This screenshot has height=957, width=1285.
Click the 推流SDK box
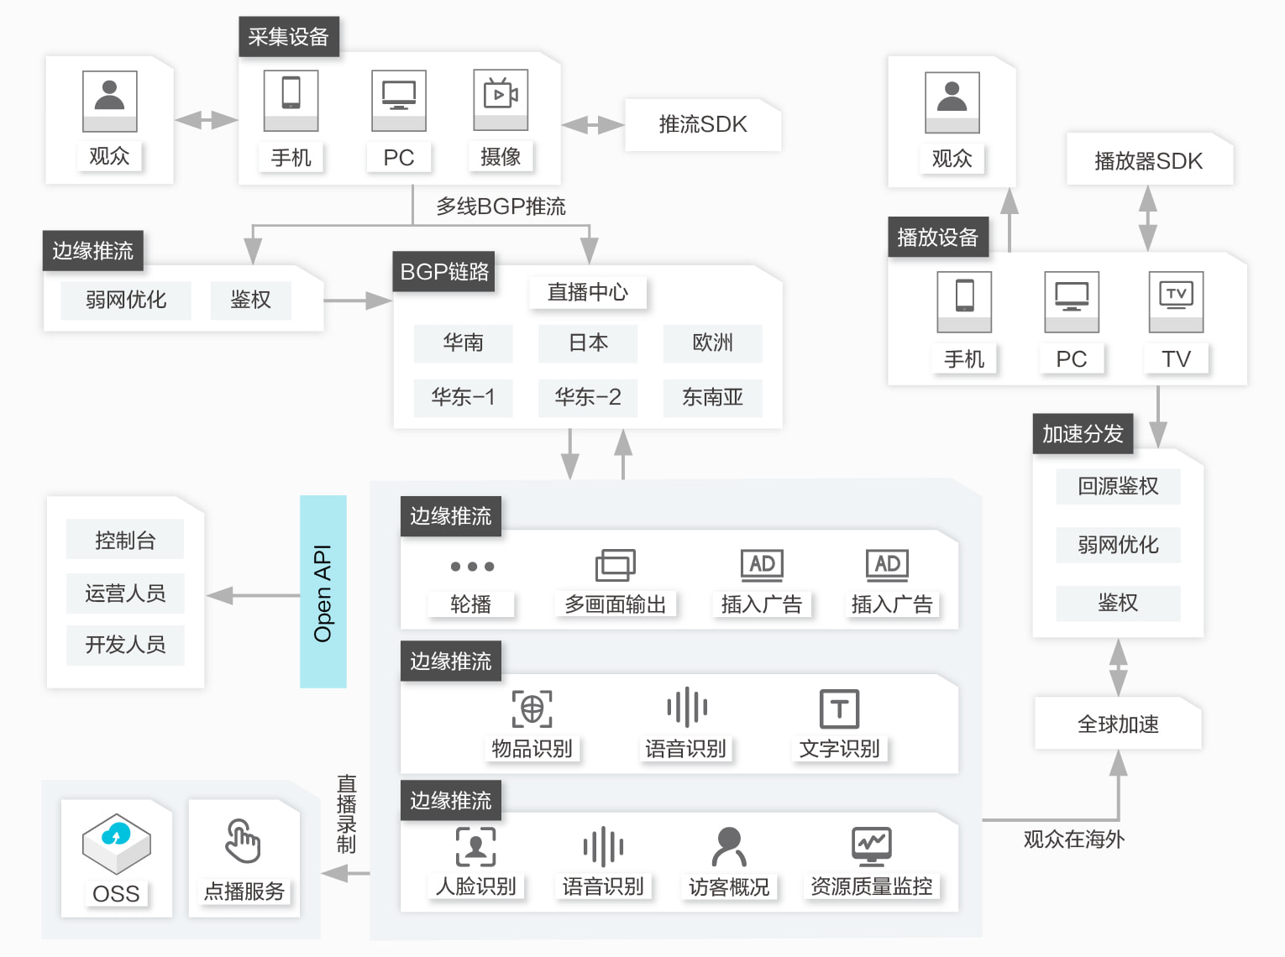(x=703, y=124)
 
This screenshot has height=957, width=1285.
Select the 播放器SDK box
(x=1148, y=160)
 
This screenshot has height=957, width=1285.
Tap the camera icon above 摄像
(x=501, y=95)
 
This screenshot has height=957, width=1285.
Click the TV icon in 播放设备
(x=1176, y=295)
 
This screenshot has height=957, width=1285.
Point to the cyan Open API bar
(x=323, y=592)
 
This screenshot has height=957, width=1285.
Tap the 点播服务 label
(x=244, y=892)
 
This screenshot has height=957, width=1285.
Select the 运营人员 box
(x=125, y=594)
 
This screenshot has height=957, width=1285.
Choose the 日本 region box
(x=588, y=343)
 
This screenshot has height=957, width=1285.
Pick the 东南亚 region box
(x=712, y=397)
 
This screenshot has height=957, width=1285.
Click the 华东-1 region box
(x=463, y=397)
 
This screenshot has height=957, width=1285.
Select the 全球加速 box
(x=1118, y=724)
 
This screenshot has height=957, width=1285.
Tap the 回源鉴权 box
(x=1118, y=486)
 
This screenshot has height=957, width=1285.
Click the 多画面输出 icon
(x=616, y=565)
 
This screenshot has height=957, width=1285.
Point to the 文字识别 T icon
(x=839, y=709)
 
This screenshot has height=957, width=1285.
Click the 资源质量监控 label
(x=871, y=886)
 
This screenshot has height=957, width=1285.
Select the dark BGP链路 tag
(x=444, y=272)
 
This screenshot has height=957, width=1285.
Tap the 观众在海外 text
(x=1073, y=839)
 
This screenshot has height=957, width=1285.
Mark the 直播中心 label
(x=588, y=292)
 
